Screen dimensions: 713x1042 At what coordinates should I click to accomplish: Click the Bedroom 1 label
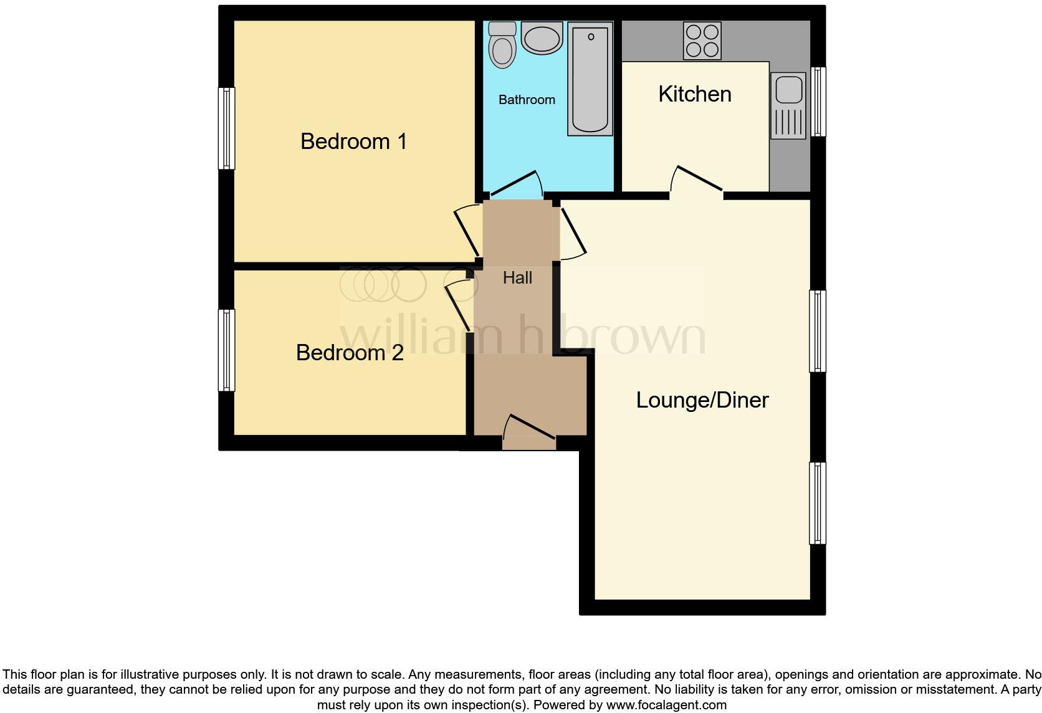click(353, 141)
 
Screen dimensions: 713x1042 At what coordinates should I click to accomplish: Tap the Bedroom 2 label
click(350, 353)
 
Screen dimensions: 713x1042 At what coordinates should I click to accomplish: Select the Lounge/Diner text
click(702, 400)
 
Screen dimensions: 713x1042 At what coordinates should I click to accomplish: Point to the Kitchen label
click(694, 94)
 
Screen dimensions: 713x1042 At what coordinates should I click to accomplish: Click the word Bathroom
click(527, 100)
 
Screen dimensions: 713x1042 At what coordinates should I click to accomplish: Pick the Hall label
click(517, 278)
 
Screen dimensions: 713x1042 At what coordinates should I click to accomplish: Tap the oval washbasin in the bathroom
click(542, 39)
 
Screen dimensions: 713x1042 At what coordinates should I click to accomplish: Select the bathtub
click(590, 78)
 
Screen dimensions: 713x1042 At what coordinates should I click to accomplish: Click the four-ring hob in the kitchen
click(702, 41)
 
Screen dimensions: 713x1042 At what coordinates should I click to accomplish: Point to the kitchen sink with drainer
click(788, 105)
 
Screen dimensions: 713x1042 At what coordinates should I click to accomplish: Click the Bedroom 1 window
click(226, 128)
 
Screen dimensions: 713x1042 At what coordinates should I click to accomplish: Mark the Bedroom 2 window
click(226, 350)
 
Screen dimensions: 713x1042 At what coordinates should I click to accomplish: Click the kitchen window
click(819, 102)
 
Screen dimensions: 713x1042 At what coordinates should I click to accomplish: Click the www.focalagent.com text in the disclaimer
click(666, 706)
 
